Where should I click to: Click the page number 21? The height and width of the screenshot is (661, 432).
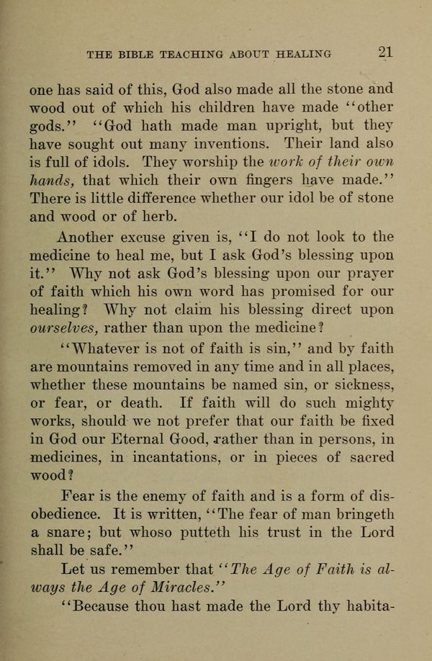[x=383, y=53]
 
